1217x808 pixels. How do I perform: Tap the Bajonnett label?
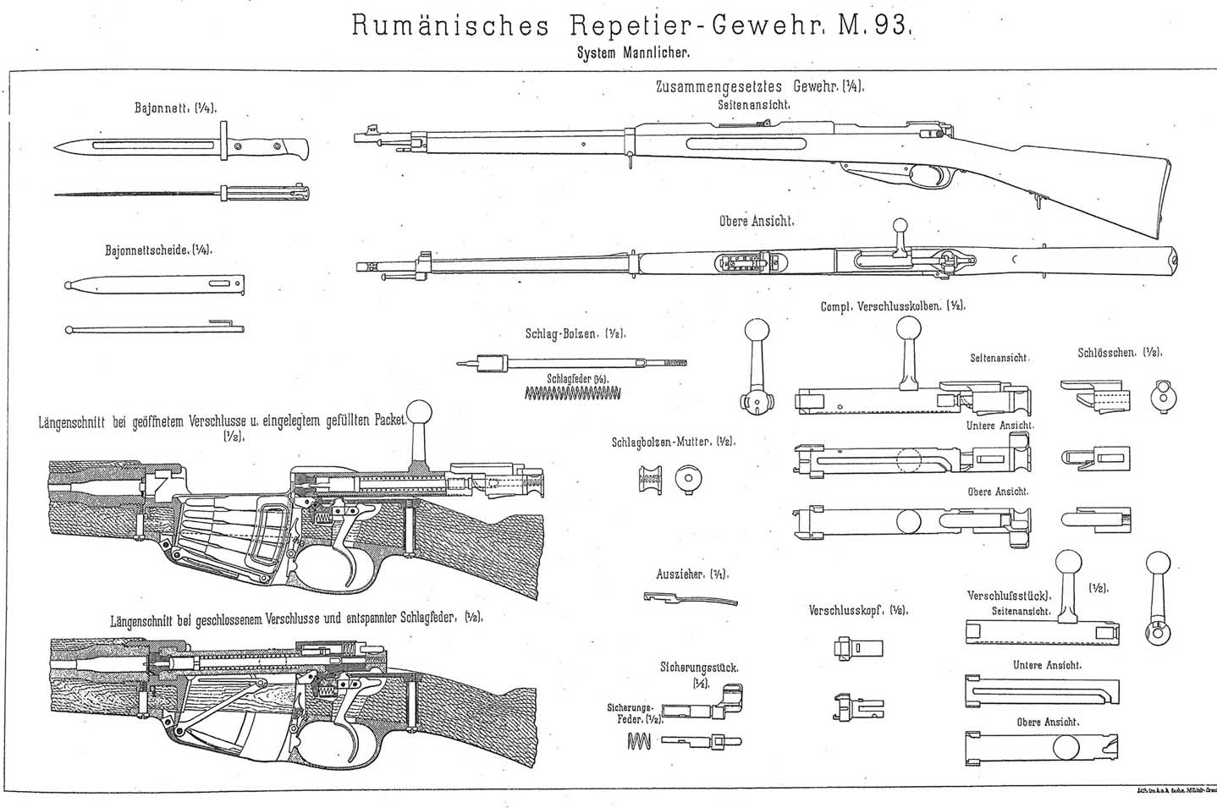click(x=174, y=108)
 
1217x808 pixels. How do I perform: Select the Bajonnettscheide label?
click(x=157, y=250)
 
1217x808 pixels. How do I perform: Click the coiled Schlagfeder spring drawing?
click(x=573, y=392)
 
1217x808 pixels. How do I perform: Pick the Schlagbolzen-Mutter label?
click(x=674, y=442)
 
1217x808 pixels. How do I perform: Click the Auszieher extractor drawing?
click(x=686, y=599)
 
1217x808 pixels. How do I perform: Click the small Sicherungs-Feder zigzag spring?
click(x=640, y=741)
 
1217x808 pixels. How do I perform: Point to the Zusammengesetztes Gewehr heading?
click(x=759, y=87)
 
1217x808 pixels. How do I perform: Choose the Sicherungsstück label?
click(x=699, y=668)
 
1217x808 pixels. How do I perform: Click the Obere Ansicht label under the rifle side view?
click(x=756, y=221)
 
